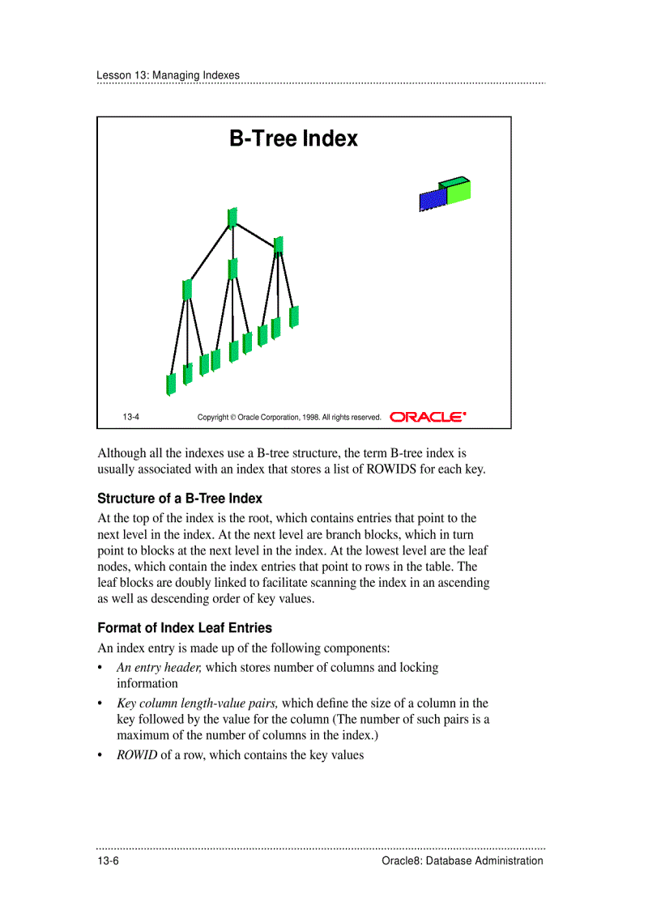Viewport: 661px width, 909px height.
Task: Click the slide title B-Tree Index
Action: point(293,139)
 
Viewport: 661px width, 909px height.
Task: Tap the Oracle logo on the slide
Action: point(428,417)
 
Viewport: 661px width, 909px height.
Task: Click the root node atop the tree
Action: point(232,218)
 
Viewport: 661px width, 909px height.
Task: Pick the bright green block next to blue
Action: point(458,192)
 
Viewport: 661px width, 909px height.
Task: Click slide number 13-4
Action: point(131,418)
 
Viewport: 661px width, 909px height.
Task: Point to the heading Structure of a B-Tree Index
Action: point(180,499)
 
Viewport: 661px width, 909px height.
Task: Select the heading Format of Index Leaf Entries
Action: point(185,628)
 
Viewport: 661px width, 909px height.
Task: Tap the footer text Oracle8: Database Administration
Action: point(462,861)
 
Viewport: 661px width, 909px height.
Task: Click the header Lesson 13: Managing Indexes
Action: point(168,75)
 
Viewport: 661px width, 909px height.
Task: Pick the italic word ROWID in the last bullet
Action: point(137,755)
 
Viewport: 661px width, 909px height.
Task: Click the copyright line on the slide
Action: point(289,418)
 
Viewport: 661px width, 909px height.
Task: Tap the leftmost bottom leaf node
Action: point(171,384)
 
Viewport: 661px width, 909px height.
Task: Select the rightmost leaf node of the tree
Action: point(294,316)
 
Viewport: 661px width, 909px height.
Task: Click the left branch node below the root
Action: point(187,289)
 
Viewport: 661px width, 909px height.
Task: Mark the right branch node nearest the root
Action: point(279,244)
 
